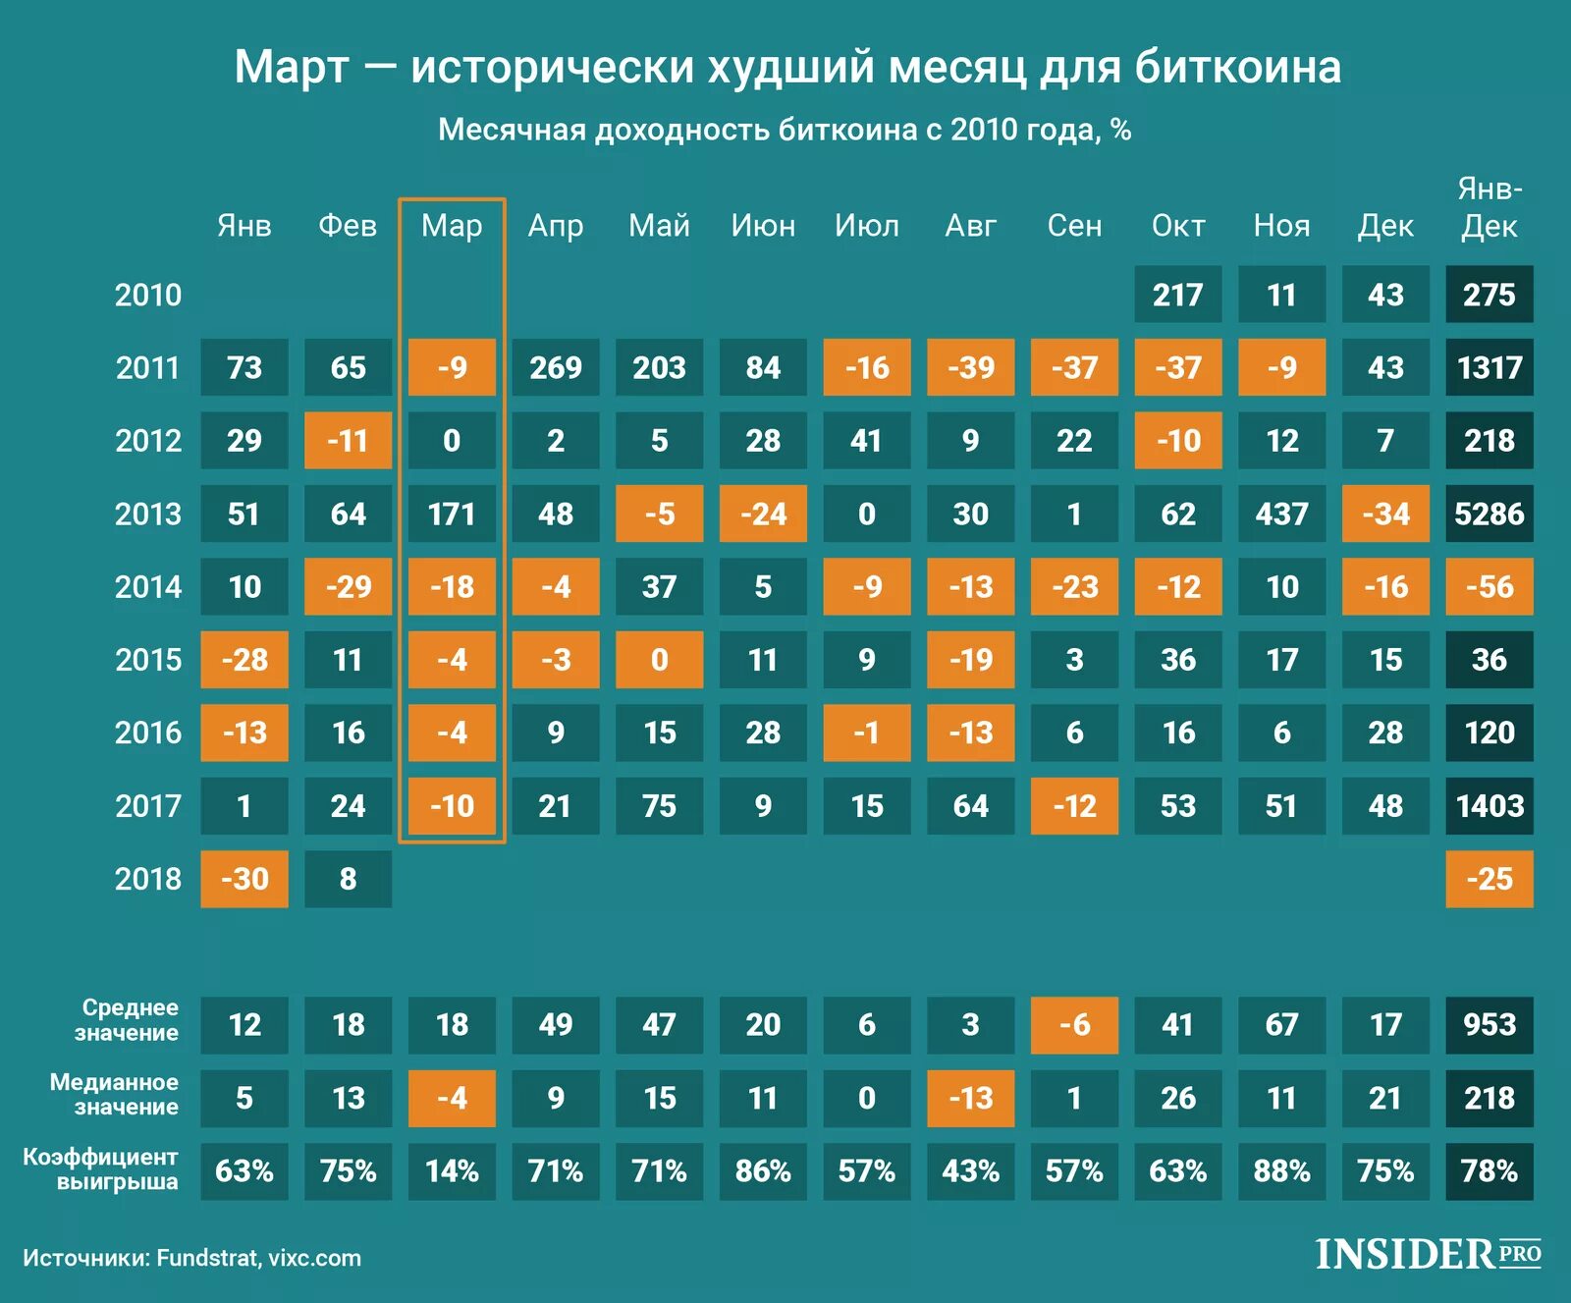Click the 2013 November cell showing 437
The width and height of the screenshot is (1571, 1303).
point(1281,514)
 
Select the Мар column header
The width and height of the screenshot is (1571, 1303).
point(452,226)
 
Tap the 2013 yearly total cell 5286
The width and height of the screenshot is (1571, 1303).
point(1489,514)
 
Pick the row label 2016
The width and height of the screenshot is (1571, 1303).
point(148,733)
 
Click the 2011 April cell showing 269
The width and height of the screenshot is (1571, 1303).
point(556,367)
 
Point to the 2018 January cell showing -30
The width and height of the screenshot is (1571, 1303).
point(244,879)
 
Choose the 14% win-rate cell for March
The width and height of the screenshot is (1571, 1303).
point(452,1170)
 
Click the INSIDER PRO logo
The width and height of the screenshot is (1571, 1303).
point(1428,1254)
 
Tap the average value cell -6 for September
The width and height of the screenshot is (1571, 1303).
point(1074,1025)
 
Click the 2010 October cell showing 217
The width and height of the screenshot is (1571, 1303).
point(1177,295)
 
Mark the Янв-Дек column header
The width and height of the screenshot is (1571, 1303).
point(1489,208)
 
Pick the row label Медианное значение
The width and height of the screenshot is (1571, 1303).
point(114,1094)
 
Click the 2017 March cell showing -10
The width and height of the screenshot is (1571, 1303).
point(452,806)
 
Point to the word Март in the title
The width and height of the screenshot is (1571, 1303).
point(292,68)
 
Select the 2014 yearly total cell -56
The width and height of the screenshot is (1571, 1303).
point(1489,587)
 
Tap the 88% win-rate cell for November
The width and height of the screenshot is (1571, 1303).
point(1281,1170)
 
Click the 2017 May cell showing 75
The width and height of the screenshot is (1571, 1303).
point(659,806)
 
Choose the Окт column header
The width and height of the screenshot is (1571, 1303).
point(1177,226)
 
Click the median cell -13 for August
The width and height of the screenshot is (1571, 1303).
point(970,1098)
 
